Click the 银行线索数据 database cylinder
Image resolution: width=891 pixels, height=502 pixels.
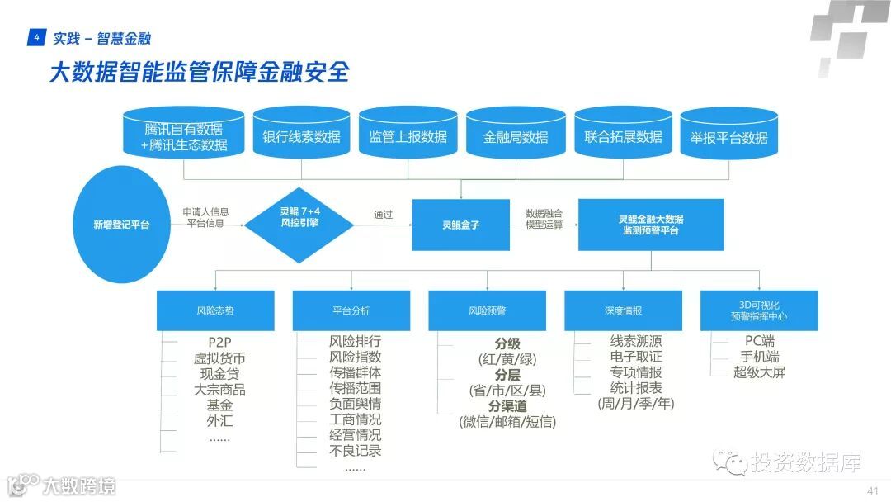point(301,134)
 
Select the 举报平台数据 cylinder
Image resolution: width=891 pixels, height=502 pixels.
point(728,135)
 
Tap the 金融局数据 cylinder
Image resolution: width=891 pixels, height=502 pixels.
point(516,135)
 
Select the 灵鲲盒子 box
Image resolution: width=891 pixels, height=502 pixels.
point(462,225)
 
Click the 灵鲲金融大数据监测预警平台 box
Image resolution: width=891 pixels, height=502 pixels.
point(651,225)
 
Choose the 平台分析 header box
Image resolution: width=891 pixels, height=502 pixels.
point(351,311)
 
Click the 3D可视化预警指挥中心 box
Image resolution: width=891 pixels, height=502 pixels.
point(758,311)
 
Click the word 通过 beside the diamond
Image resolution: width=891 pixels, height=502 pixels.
point(383,215)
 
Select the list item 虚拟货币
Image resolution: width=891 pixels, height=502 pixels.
point(219,358)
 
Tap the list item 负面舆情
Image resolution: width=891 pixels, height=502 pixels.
point(355,404)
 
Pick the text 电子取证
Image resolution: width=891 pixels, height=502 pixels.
point(636,357)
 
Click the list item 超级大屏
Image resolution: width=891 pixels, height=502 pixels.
point(759,372)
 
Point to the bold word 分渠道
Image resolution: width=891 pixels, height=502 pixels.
point(508,405)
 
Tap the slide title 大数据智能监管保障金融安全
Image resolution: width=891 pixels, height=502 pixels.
point(199,73)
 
